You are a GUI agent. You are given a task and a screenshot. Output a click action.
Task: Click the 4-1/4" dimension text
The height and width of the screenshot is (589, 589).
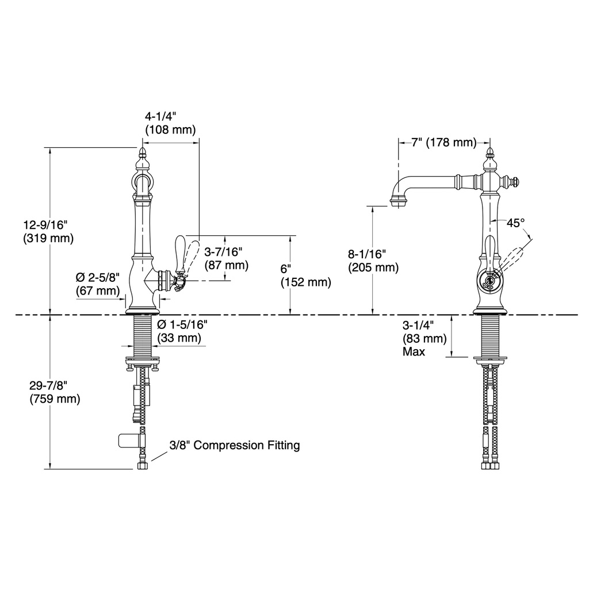pyautogui.click(x=160, y=116)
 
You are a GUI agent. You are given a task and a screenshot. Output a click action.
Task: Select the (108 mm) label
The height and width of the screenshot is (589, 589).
pyautogui.click(x=170, y=129)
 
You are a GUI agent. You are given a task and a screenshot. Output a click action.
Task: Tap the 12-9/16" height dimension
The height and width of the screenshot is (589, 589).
pyautogui.click(x=45, y=225)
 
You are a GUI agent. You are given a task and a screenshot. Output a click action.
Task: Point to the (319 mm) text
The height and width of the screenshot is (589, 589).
pyautogui.click(x=48, y=238)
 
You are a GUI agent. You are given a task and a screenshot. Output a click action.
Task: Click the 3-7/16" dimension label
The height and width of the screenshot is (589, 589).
pyautogui.click(x=223, y=252)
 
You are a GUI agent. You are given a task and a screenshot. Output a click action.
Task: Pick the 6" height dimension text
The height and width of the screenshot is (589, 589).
pyautogui.click(x=286, y=269)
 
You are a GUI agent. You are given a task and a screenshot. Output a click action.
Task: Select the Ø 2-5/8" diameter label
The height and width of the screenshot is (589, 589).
pyautogui.click(x=98, y=278)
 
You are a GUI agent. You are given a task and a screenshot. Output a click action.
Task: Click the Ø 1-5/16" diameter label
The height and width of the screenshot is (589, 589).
pyautogui.click(x=182, y=324)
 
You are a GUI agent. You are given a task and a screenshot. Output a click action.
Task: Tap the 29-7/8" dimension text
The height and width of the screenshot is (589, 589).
pyautogui.click(x=48, y=385)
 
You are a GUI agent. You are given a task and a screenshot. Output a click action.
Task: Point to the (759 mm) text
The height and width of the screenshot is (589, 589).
pyautogui.click(x=55, y=399)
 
